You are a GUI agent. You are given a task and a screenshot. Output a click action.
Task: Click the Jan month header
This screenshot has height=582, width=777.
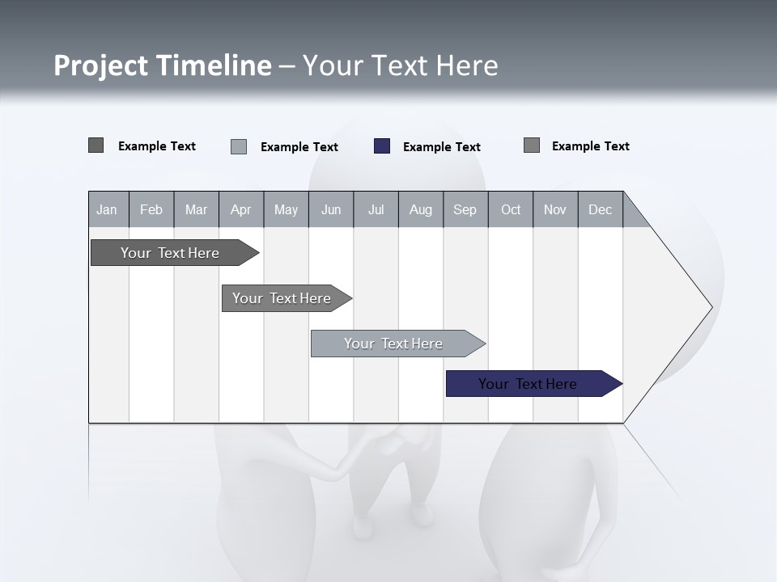pos(108,209)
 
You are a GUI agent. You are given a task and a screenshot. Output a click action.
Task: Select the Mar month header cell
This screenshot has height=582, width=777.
pos(196,209)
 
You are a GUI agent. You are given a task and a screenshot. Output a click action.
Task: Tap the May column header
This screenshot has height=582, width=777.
pos(286,209)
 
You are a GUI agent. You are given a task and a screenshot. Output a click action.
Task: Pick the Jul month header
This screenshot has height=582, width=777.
pos(376,209)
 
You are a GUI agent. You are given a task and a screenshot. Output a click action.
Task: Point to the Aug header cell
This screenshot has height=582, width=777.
pos(420,209)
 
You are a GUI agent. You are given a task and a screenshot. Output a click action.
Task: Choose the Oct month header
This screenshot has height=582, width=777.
pos(511,209)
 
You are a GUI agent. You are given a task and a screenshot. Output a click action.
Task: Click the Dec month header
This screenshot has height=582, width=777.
pos(600,209)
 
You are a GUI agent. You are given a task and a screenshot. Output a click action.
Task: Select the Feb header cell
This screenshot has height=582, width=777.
pos(151,209)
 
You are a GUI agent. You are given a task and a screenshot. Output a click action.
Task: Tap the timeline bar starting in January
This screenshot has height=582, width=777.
pos(170,253)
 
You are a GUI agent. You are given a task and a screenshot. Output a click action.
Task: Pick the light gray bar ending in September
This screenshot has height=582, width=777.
pos(394,344)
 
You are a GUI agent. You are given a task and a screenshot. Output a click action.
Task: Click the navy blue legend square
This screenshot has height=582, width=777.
pos(382,146)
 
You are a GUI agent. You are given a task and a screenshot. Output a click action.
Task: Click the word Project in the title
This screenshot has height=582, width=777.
pos(100,65)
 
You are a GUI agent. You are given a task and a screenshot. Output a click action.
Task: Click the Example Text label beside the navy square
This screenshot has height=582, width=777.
pos(441,147)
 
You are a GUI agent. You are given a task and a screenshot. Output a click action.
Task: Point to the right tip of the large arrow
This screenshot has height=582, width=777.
pos(711,307)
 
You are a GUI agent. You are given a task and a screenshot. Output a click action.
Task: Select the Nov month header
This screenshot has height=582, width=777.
pos(555,209)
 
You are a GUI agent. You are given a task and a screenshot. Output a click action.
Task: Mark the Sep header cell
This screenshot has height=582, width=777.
pos(465,209)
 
